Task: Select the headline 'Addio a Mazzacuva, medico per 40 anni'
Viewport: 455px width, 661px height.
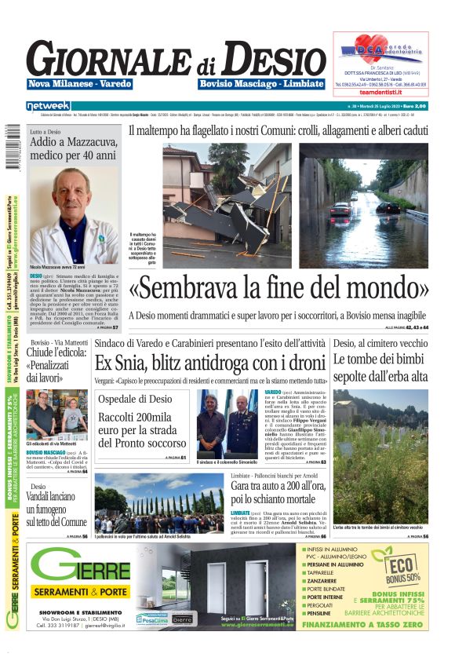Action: [x=74, y=149]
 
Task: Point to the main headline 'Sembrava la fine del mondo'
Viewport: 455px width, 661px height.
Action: [x=278, y=288]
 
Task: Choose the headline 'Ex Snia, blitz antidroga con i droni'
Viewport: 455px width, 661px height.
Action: [x=210, y=363]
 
